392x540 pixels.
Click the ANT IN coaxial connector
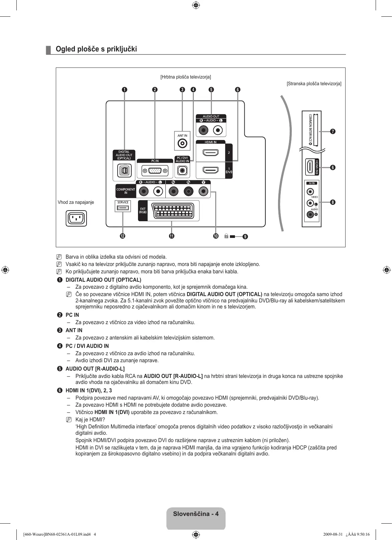(182, 144)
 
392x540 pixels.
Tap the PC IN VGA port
(155, 171)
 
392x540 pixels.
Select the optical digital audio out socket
(124, 171)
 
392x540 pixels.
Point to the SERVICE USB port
(123, 208)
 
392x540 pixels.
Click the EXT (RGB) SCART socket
(173, 211)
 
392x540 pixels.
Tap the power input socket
(76, 219)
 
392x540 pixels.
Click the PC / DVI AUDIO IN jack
(182, 171)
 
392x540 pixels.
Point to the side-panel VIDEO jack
(310, 192)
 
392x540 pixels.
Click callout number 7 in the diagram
(333, 131)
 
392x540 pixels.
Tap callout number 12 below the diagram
(122, 236)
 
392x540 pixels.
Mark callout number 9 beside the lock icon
(245, 237)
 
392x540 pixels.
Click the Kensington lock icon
(226, 236)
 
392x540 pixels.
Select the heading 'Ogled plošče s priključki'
(96, 49)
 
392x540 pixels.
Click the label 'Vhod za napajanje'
(76, 202)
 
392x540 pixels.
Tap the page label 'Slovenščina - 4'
(196, 514)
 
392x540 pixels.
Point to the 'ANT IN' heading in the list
(74, 330)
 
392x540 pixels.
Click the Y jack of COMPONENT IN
(203, 191)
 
